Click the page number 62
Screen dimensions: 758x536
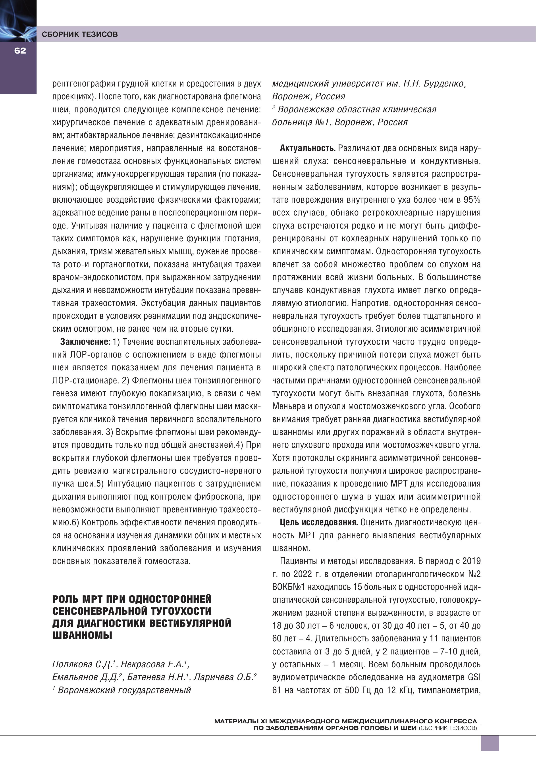tap(20, 50)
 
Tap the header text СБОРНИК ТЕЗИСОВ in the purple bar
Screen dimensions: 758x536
tap(80, 34)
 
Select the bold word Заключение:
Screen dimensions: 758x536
tap(85, 342)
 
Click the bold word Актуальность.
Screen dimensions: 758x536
tap(307, 148)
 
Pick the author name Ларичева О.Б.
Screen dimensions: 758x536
tap(225, 677)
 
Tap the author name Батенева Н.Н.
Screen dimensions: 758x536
tap(156, 677)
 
